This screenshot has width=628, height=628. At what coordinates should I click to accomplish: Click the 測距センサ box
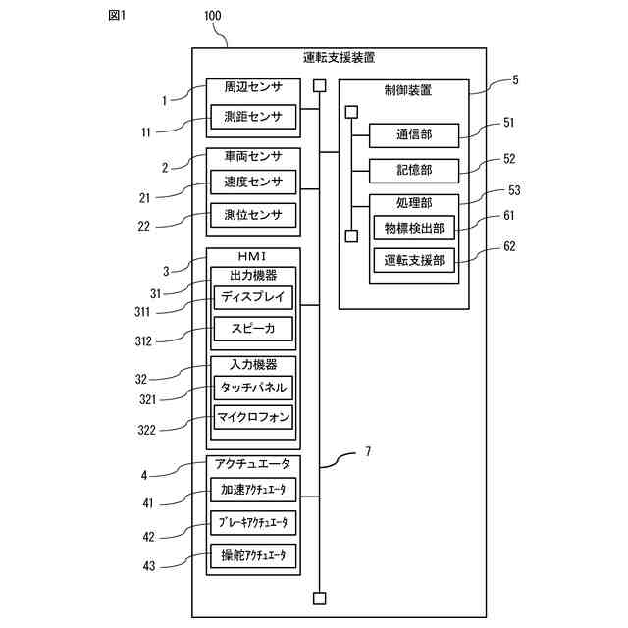coord(253,117)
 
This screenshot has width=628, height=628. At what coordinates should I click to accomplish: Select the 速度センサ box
coord(253,183)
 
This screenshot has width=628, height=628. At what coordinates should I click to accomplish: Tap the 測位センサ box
coord(253,215)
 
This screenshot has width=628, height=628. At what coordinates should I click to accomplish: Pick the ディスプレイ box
coord(253,296)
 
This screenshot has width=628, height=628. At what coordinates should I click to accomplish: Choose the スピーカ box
coord(253,329)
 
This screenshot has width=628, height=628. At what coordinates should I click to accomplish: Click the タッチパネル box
coord(253,388)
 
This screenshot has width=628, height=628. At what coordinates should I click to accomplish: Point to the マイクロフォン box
coord(253,417)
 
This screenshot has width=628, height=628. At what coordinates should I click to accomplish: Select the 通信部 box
coord(414,135)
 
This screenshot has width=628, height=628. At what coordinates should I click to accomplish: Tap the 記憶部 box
coord(414,171)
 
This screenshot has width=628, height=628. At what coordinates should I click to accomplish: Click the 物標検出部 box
coord(414,228)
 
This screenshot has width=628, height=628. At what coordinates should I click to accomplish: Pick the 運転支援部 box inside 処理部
coord(414,260)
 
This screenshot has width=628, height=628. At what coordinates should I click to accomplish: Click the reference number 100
coord(213,16)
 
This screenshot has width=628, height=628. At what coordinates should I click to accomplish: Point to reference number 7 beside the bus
coord(368,451)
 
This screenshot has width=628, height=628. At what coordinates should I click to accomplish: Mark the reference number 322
coord(146,430)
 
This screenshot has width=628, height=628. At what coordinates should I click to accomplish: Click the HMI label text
coord(252,256)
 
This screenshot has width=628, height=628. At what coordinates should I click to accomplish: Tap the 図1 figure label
coord(117,16)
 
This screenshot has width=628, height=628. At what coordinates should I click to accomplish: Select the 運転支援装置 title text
coord(339,58)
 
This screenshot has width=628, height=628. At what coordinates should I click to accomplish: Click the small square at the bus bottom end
coord(319,599)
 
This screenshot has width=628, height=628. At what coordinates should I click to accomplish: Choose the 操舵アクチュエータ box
coord(253,555)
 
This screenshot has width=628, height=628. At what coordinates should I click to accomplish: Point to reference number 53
coord(514,190)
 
